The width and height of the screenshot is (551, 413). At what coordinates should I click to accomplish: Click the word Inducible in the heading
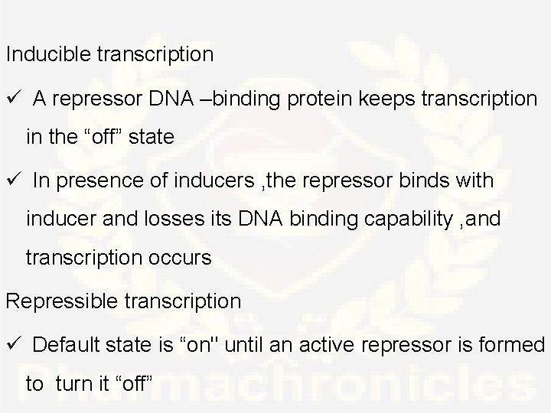[49, 55]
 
